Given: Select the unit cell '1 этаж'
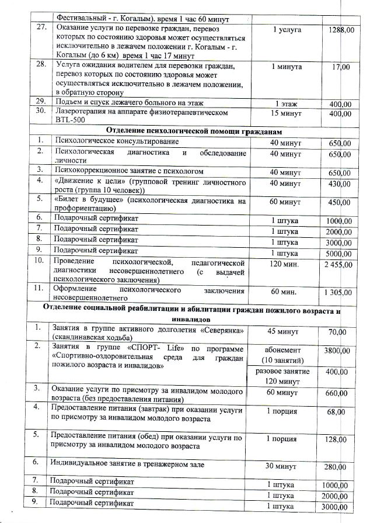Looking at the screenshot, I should point(287,104).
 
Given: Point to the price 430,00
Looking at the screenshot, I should point(339,183).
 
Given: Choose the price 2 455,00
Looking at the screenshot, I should point(338,264).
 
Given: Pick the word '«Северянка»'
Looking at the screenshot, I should point(221,330).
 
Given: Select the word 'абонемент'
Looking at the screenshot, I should point(287,349).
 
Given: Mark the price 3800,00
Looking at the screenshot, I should point(338,351).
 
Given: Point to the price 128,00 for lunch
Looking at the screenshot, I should point(340,439).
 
